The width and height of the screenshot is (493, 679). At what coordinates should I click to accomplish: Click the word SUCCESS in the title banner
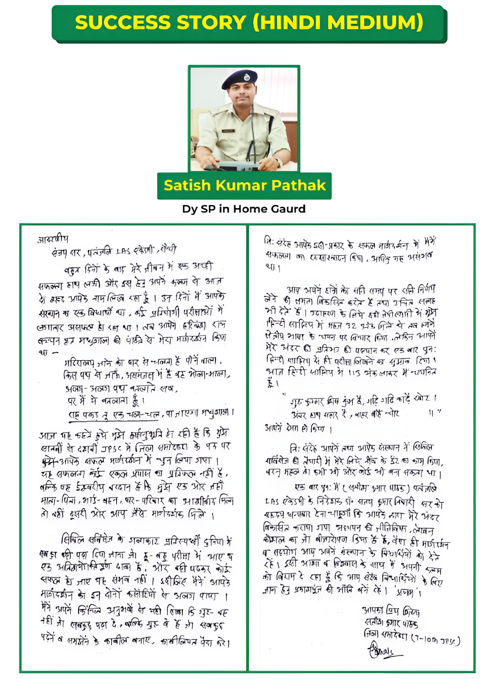(x=123, y=22)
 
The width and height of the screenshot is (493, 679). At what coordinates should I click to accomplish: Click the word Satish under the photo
(x=187, y=185)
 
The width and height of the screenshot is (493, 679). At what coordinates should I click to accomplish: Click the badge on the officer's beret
(x=246, y=77)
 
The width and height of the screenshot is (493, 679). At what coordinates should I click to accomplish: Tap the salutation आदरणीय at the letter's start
(x=53, y=239)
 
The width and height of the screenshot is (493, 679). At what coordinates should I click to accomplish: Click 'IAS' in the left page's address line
(x=124, y=251)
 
